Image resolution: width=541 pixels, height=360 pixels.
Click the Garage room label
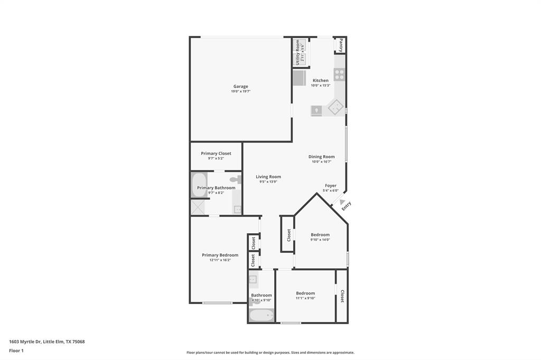[240, 87]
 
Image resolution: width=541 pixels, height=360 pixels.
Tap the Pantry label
[341, 45]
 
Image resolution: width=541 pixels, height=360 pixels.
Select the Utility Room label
[298, 52]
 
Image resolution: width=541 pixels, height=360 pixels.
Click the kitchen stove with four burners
[339, 74]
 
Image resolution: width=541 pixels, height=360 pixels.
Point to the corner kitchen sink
[335, 108]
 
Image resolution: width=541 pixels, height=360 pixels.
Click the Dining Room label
[321, 157]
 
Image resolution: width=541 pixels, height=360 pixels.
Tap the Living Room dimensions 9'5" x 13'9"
[268, 182]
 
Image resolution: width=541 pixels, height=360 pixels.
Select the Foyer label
[331, 186]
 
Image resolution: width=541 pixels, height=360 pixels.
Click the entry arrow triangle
[342, 202]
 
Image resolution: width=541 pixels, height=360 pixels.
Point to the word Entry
[346, 206]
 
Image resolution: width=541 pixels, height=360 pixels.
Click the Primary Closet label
[216, 154]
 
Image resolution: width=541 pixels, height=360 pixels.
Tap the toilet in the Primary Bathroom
[236, 180]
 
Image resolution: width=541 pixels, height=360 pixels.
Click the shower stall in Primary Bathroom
[199, 207]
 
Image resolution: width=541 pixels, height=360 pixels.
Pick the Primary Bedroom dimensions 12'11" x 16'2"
[220, 260]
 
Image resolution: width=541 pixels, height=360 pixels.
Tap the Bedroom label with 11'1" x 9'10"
[305, 293]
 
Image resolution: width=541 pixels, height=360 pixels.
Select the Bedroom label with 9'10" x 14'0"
[320, 235]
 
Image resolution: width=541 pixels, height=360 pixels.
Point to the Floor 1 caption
[16, 350]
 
